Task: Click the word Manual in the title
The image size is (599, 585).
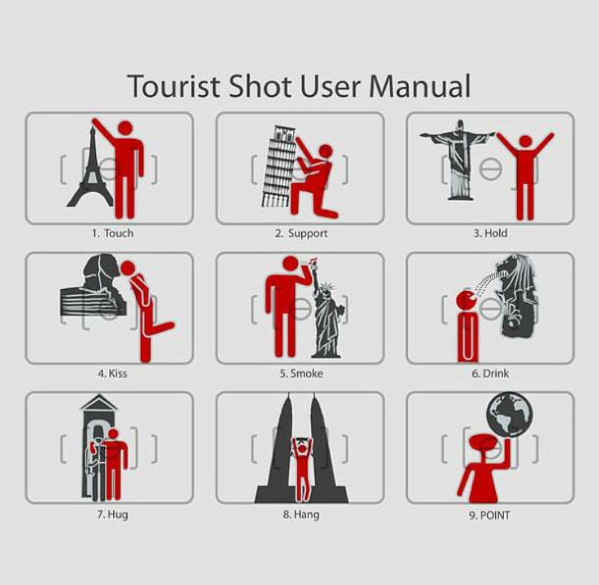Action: point(420,86)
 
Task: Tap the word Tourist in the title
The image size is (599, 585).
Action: point(174,86)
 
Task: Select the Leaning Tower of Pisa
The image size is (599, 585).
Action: point(279,167)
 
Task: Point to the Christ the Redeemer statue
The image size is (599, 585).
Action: point(457,160)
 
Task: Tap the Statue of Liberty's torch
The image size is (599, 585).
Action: point(314,263)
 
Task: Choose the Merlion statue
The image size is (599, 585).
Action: point(517,296)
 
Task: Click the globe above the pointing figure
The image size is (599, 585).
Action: point(510,414)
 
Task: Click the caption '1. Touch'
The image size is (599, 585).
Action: point(113,233)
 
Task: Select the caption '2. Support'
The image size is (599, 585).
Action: point(301,233)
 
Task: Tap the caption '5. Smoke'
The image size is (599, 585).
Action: point(301,373)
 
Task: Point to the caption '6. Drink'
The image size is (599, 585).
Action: point(491,373)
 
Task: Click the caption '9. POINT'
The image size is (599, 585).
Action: point(490,516)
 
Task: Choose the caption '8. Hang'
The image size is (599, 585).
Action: point(301,515)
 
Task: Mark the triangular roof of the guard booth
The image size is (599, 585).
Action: point(99,402)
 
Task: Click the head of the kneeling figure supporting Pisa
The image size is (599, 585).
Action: point(326,151)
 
